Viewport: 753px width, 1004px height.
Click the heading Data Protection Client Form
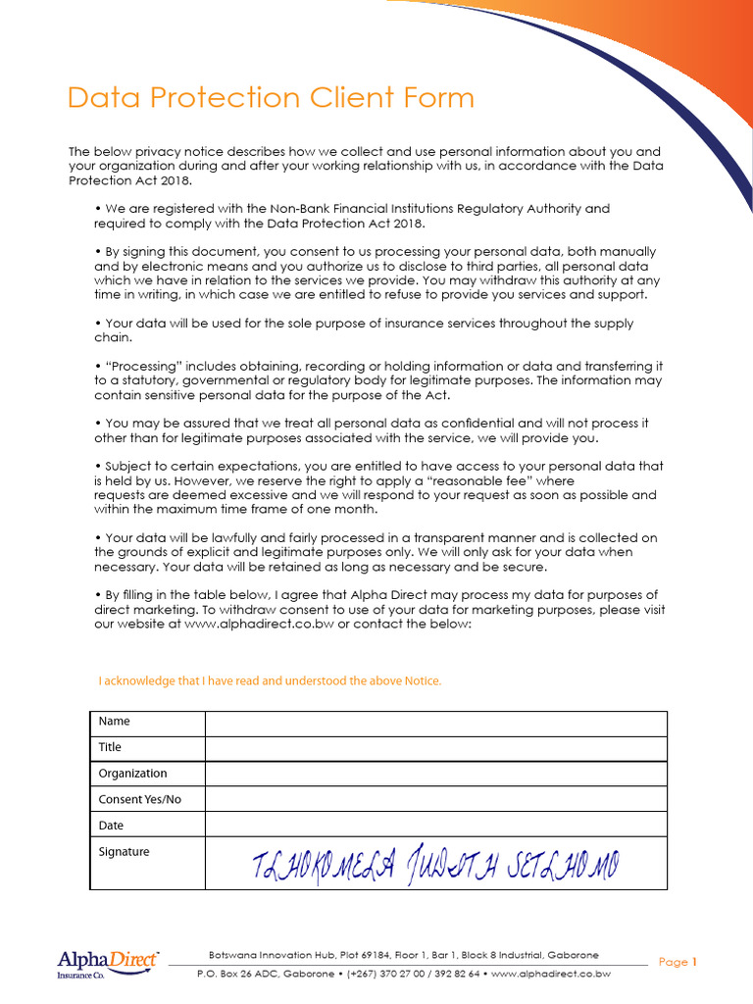(271, 98)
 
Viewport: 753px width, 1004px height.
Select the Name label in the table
(115, 722)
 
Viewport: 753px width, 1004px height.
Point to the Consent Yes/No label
(140, 800)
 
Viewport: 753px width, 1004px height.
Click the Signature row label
(125, 852)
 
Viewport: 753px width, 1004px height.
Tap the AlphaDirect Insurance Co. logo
(107, 964)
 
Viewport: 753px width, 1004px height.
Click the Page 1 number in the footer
(678, 962)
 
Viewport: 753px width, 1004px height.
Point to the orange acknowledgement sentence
(271, 680)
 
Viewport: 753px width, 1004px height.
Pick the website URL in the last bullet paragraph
(258, 624)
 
